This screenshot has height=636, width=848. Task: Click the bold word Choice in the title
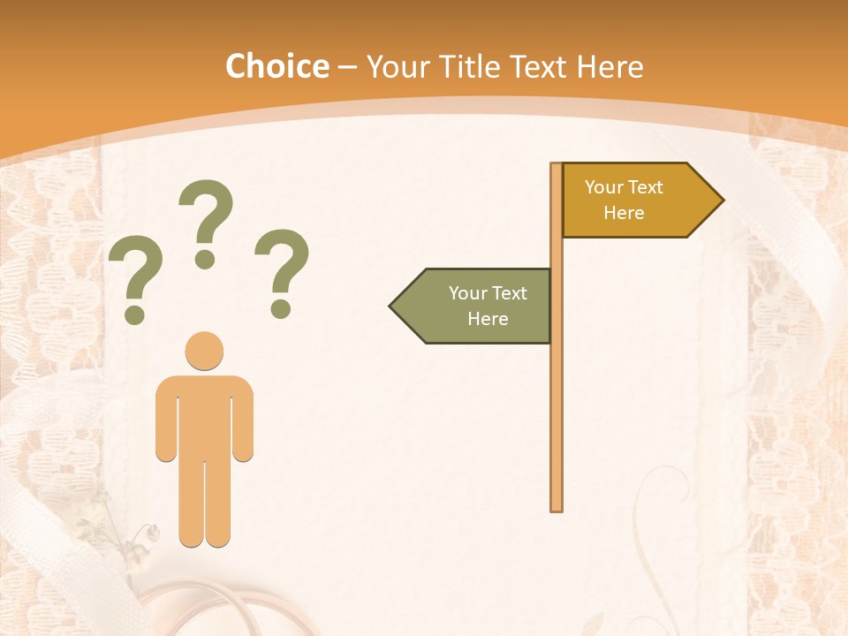click(276, 66)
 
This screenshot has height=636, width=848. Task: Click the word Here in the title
click(609, 67)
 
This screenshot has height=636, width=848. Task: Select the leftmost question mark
click(134, 278)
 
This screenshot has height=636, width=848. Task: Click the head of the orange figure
click(204, 351)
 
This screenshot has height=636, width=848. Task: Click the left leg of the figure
click(191, 503)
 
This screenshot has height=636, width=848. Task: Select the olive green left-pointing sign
click(477, 306)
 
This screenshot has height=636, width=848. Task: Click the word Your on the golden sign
click(605, 187)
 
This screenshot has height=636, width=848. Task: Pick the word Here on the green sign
click(488, 319)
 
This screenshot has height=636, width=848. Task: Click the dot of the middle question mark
click(206, 259)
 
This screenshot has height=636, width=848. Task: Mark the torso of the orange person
click(204, 415)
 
